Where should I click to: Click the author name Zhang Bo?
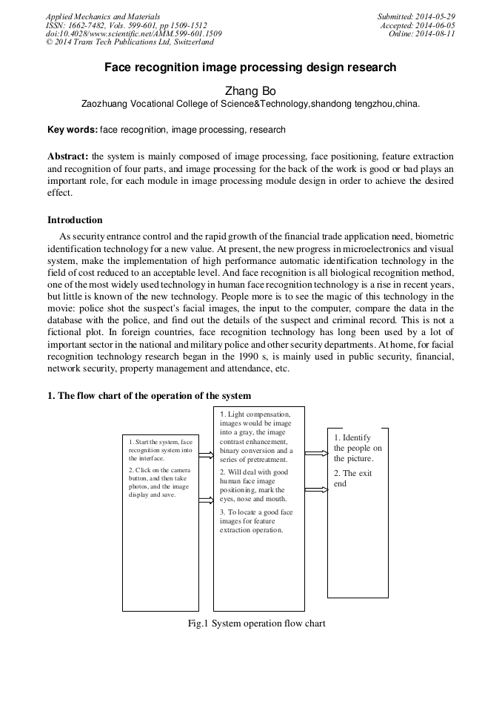250,90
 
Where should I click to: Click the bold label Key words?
72,130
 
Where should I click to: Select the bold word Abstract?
68,156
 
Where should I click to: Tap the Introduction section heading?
75,220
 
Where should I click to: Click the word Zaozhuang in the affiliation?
105,105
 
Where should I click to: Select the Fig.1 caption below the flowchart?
256,624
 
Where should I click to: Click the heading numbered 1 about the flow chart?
149,396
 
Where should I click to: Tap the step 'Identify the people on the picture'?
358,448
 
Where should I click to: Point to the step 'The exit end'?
352,478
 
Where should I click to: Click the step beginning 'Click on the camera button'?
160,482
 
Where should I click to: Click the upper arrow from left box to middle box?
206,455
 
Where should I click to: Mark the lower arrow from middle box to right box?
316,490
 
